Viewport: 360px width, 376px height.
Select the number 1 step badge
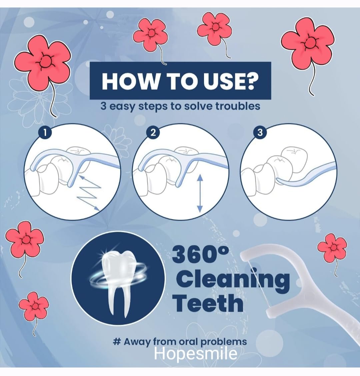(45, 133)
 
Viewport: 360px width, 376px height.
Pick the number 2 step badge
(153, 132)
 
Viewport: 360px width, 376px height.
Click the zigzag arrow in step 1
(89, 193)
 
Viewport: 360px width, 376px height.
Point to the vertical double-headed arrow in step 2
(200, 193)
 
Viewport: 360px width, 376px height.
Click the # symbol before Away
(116, 341)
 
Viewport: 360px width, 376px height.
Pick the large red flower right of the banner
(308, 43)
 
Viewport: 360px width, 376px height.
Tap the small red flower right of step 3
(332, 248)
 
